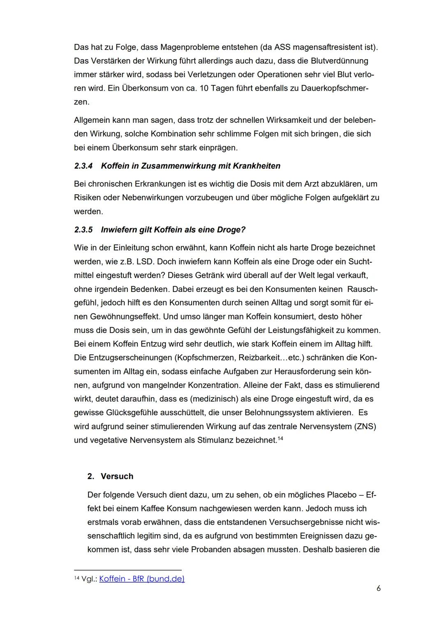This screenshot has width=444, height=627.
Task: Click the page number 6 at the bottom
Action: point(378,588)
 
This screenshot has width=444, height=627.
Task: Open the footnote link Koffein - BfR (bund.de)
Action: point(142,579)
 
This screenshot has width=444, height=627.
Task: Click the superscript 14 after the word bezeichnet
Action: point(280,439)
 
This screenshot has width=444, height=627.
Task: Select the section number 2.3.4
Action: point(84,166)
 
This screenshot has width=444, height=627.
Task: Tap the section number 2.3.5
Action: point(84,230)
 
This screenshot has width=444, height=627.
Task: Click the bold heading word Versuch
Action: point(117,476)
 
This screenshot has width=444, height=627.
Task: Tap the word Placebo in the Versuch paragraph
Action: point(342,495)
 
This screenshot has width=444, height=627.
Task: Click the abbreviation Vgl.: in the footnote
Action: point(89,579)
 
